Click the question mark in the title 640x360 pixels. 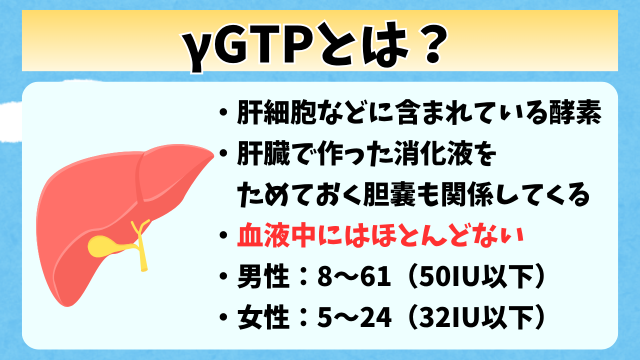point(433,45)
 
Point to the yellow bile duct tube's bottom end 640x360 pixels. point(143,269)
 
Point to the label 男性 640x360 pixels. point(263,276)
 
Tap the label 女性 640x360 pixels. point(263,317)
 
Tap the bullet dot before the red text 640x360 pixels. point(223,235)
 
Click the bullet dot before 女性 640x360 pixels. point(223,317)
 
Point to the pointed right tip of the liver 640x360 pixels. point(213,155)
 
